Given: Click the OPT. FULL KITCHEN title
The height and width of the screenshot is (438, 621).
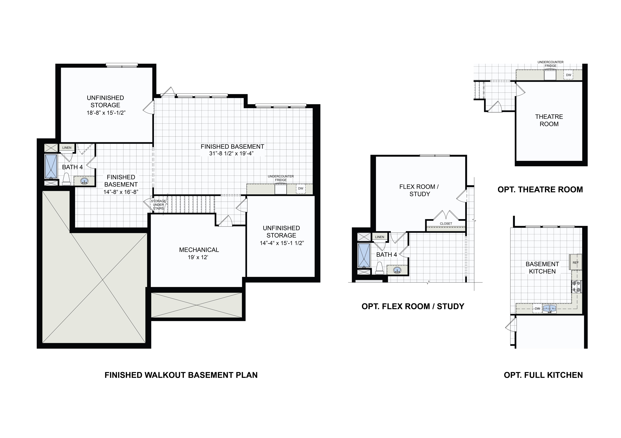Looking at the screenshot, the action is coord(543,375).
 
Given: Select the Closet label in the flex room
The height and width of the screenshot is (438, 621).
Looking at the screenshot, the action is coord(446,223).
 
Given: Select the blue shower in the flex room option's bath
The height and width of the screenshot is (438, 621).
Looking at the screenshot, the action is coord(364,255).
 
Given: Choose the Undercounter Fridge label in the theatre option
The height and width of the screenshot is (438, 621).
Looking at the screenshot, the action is coord(550,64).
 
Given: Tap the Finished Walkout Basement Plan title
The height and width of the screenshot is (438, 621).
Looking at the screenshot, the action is coord(181,375).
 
